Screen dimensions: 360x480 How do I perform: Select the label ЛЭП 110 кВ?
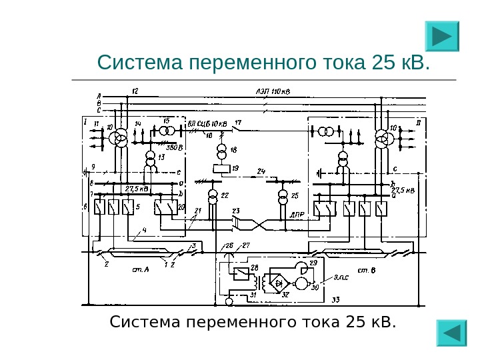(x=269, y=92)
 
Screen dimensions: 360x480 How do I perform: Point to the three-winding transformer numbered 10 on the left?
(x=120, y=138)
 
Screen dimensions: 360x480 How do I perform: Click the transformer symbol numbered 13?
(x=151, y=160)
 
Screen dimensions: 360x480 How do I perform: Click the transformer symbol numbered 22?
(x=213, y=196)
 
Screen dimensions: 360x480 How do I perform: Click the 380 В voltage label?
(x=175, y=147)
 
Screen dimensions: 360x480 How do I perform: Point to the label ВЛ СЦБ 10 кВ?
(x=207, y=123)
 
